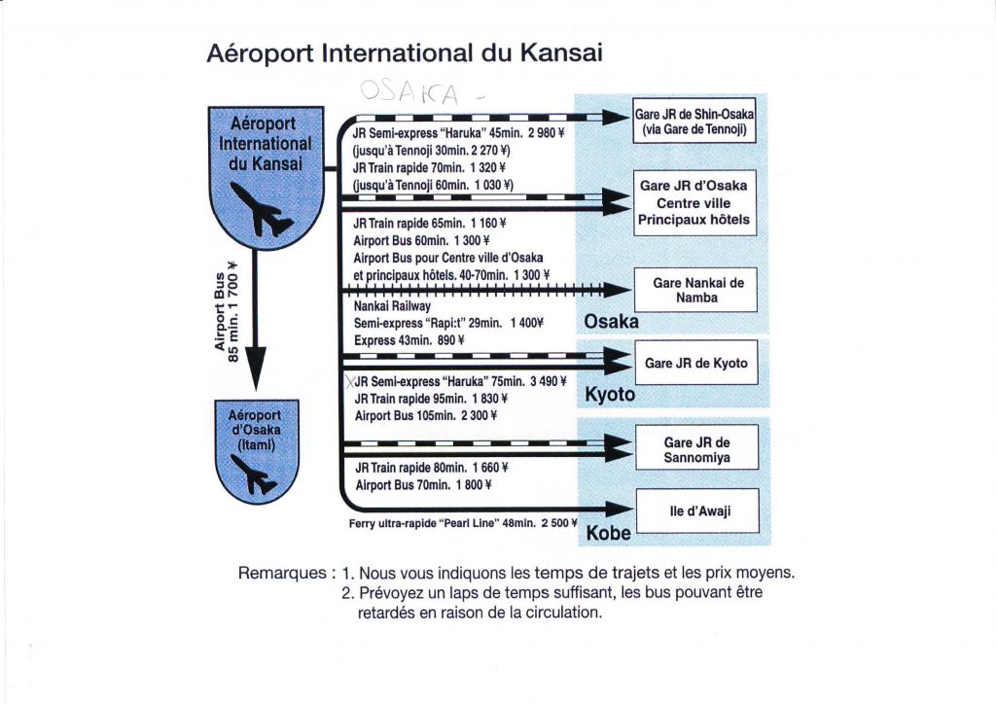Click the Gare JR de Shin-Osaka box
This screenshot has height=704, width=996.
point(694,121)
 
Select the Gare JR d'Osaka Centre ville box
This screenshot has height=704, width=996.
point(694,202)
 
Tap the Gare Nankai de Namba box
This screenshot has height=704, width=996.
point(696,290)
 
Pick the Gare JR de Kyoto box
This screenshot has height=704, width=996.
point(696,363)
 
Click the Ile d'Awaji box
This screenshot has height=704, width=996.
point(697,510)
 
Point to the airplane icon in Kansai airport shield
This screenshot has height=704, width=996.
point(261,209)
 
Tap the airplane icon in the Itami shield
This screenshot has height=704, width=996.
point(254,475)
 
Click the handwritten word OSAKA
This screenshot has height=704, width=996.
point(409,92)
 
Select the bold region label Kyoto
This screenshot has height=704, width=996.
point(610,394)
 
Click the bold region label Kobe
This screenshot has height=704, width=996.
point(609,533)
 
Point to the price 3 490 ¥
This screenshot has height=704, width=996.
point(549,381)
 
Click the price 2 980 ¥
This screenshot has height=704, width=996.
point(547,132)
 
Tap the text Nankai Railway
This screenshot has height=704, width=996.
point(392,306)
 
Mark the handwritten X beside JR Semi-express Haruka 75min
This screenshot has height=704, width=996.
point(350,381)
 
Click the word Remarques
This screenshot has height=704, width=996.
point(283,573)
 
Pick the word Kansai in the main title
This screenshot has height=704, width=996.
point(561,53)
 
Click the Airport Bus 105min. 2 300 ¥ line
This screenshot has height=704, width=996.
point(426,415)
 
